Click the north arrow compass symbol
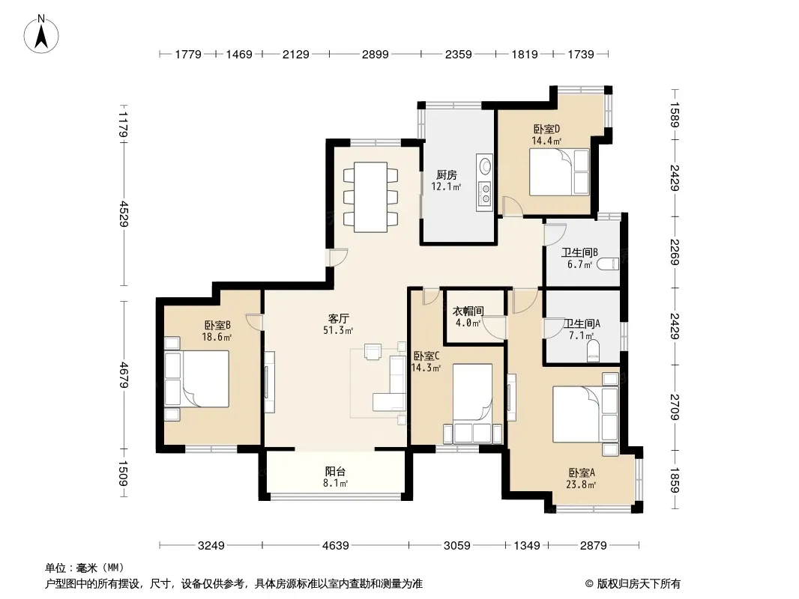[41, 34]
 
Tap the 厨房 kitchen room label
[447, 175]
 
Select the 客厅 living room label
[338, 318]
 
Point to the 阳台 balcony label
[335, 471]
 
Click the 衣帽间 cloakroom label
[468, 311]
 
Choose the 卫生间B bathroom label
[579, 252]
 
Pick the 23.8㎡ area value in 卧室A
[581, 485]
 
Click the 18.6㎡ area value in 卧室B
[217, 337]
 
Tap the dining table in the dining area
[370, 197]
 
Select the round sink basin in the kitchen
[485, 166]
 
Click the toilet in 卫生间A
[593, 352]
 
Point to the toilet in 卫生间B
[608, 264]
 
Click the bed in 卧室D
[559, 172]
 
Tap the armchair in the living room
[373, 352]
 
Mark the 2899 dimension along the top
[375, 54]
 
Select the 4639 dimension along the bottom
[335, 546]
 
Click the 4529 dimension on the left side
[124, 214]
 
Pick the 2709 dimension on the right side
[674, 407]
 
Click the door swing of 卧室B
[254, 322]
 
